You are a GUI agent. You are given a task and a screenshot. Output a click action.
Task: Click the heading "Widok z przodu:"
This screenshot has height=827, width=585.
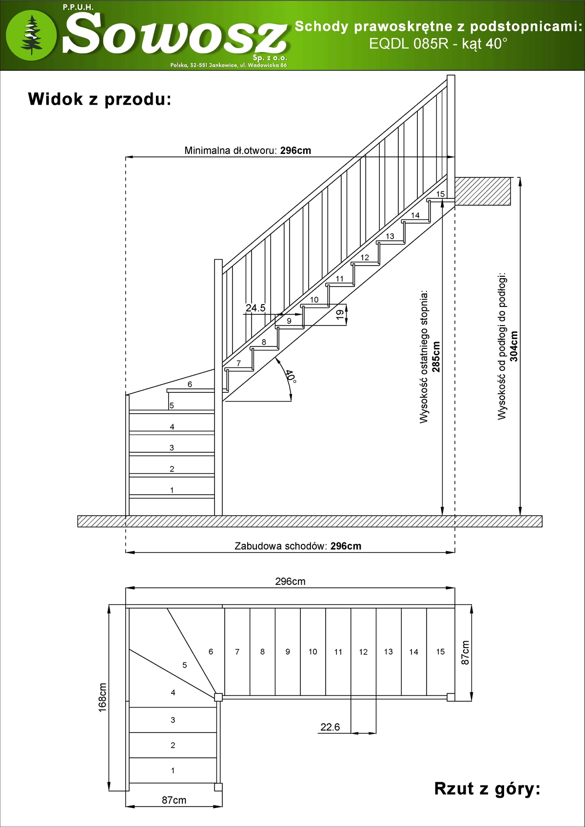[x=99, y=99]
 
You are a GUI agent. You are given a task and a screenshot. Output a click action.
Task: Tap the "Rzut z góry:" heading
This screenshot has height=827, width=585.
[x=487, y=788]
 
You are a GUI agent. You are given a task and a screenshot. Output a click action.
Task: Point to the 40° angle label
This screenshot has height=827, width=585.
[x=291, y=376]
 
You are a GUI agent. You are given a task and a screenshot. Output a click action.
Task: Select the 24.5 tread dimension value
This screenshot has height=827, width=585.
[x=255, y=308]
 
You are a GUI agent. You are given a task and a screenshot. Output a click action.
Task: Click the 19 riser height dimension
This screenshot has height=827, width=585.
[x=340, y=314]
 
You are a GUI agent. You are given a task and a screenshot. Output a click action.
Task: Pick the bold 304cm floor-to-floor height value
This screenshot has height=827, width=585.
[x=514, y=346]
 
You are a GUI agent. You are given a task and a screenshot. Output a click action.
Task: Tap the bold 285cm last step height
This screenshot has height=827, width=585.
[x=436, y=357]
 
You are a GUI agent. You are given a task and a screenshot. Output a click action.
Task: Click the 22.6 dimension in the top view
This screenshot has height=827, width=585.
[x=330, y=727]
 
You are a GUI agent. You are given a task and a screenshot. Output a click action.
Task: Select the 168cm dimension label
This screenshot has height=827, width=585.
[x=102, y=697]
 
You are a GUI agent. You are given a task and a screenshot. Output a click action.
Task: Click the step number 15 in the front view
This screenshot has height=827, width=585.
[x=440, y=194]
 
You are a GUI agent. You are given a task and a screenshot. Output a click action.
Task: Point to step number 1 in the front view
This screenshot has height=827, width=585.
[x=172, y=490]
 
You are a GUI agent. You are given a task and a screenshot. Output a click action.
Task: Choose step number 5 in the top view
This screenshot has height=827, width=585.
[x=184, y=665]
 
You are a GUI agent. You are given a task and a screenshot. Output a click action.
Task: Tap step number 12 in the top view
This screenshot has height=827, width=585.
[x=363, y=652]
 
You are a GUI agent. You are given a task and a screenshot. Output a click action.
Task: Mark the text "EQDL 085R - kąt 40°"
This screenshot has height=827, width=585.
[x=438, y=44]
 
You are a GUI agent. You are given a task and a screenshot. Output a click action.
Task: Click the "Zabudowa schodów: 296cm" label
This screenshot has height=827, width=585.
[x=298, y=546]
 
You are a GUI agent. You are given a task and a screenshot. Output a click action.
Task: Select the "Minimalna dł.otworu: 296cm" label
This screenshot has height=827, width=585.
[x=248, y=151]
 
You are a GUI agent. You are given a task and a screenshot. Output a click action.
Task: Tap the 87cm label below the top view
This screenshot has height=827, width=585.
[x=174, y=800]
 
